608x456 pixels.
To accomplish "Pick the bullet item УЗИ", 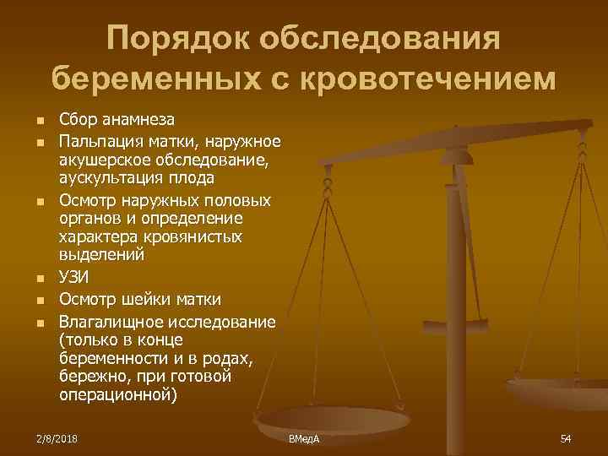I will point(74,278).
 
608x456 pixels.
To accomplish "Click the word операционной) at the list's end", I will point(118,394).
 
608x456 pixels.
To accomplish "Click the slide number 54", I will point(566,438).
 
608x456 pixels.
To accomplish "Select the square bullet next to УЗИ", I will point(35,279).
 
